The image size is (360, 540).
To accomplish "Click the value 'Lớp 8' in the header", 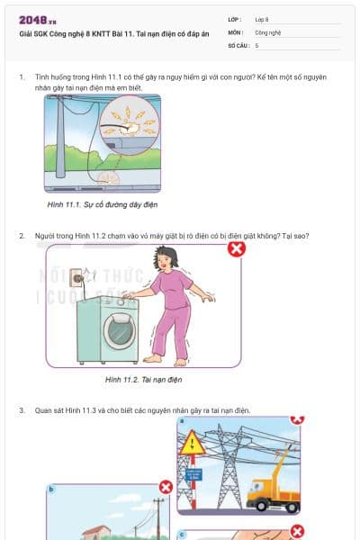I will pyautogui.click(x=262, y=19).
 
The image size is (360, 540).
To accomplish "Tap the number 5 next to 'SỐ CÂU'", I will pyautogui.click(x=257, y=44).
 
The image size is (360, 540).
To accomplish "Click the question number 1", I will pyautogui.click(x=21, y=78).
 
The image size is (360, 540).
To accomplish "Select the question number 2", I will pyautogui.click(x=21, y=236).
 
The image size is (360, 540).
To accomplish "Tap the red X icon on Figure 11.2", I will pyautogui.click(x=236, y=248).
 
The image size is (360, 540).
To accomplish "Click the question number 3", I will pyautogui.click(x=21, y=410).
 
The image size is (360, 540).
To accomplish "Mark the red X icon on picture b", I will pyautogui.click(x=166, y=487).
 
